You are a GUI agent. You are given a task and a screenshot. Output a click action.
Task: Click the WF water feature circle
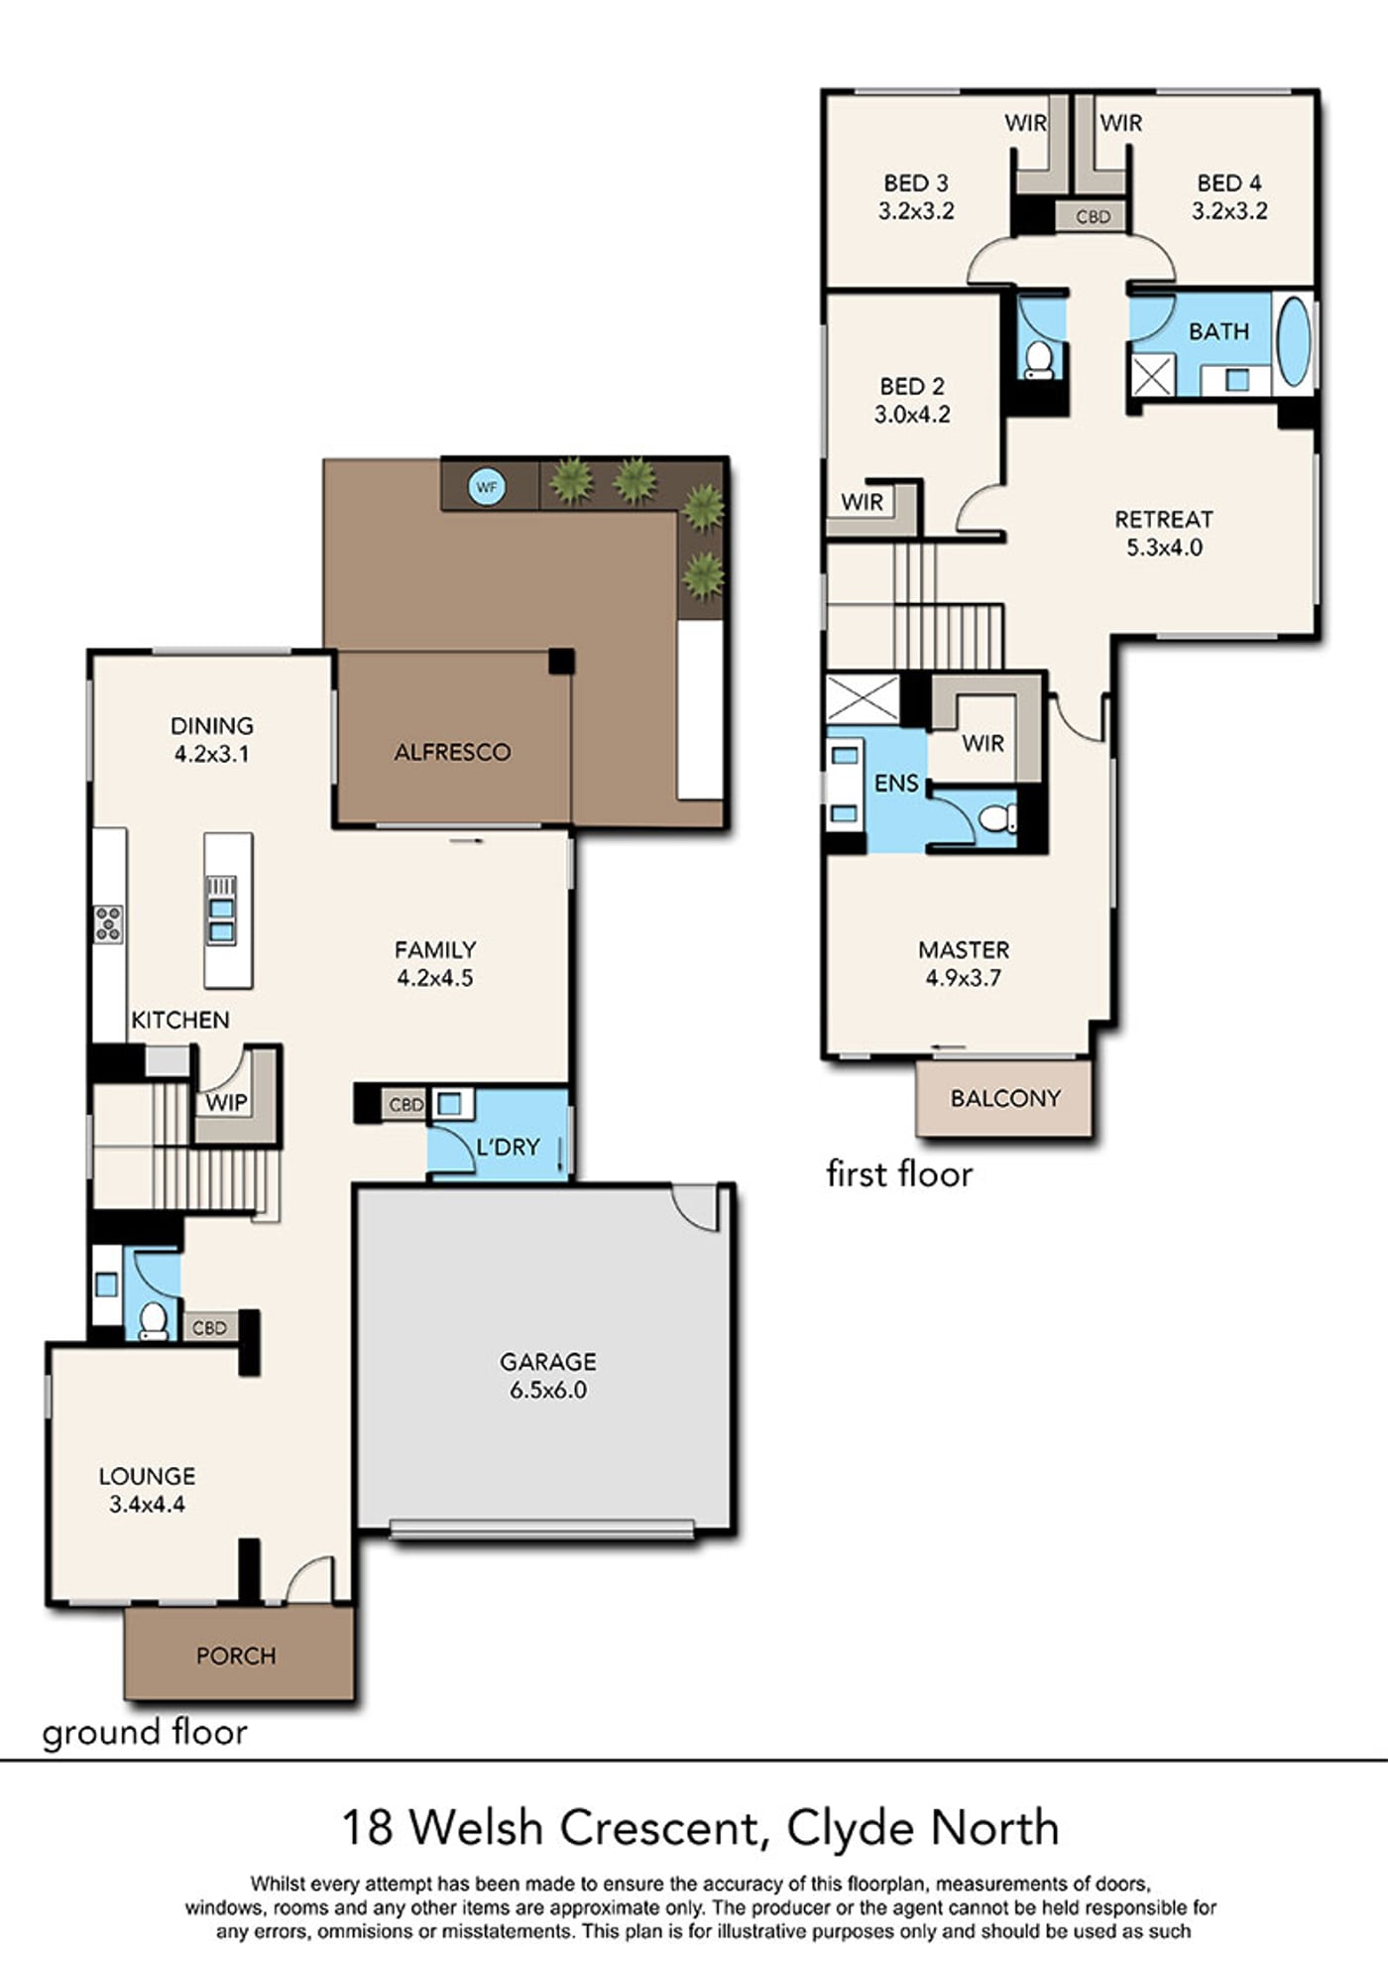pyautogui.click(x=486, y=487)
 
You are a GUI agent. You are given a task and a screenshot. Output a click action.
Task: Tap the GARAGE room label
pyautogui.click(x=548, y=1362)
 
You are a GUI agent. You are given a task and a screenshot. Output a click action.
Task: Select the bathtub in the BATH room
pyautogui.click(x=1293, y=342)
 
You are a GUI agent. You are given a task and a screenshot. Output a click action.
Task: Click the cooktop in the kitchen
pyautogui.click(x=108, y=924)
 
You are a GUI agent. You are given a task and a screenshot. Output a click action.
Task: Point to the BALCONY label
pyautogui.click(x=1005, y=1098)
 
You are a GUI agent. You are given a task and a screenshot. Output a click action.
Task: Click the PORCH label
pyautogui.click(x=236, y=1656)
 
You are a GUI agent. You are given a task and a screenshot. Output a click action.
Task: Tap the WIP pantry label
pyautogui.click(x=226, y=1102)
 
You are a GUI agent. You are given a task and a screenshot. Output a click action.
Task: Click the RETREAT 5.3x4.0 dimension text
pyautogui.click(x=1164, y=548)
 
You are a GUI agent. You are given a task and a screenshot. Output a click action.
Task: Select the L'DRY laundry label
pyautogui.click(x=508, y=1147)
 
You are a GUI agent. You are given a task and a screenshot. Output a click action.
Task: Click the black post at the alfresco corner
pyautogui.click(x=561, y=661)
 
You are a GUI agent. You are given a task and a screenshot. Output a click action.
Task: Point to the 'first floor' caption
pyautogui.click(x=899, y=1174)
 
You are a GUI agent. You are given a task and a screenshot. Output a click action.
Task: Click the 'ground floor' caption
pyautogui.click(x=145, y=1733)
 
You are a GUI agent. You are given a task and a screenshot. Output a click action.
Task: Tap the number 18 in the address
pyautogui.click(x=368, y=1827)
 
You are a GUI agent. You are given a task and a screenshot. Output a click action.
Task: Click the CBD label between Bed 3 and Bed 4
pyautogui.click(x=1093, y=216)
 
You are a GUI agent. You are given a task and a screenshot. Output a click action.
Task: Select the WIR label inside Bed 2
pyautogui.click(x=862, y=502)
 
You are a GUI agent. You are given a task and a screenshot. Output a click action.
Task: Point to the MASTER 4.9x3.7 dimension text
pyautogui.click(x=964, y=978)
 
